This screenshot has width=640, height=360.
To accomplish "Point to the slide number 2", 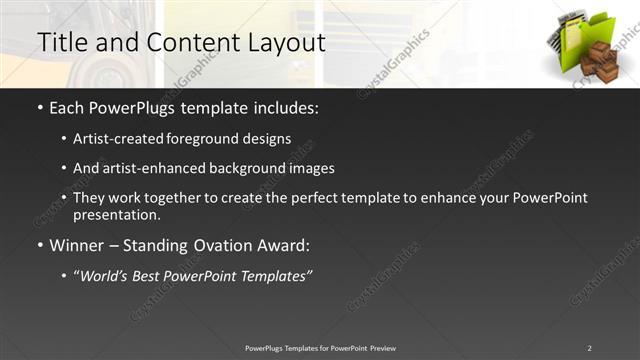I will pyautogui.click(x=589, y=348).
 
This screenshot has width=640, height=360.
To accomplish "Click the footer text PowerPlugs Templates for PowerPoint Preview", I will pyautogui.click(x=320, y=348).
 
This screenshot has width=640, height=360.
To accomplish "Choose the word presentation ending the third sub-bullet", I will pyautogui.click(x=115, y=215).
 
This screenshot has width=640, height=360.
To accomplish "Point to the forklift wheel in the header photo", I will pyautogui.click(x=100, y=70).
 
